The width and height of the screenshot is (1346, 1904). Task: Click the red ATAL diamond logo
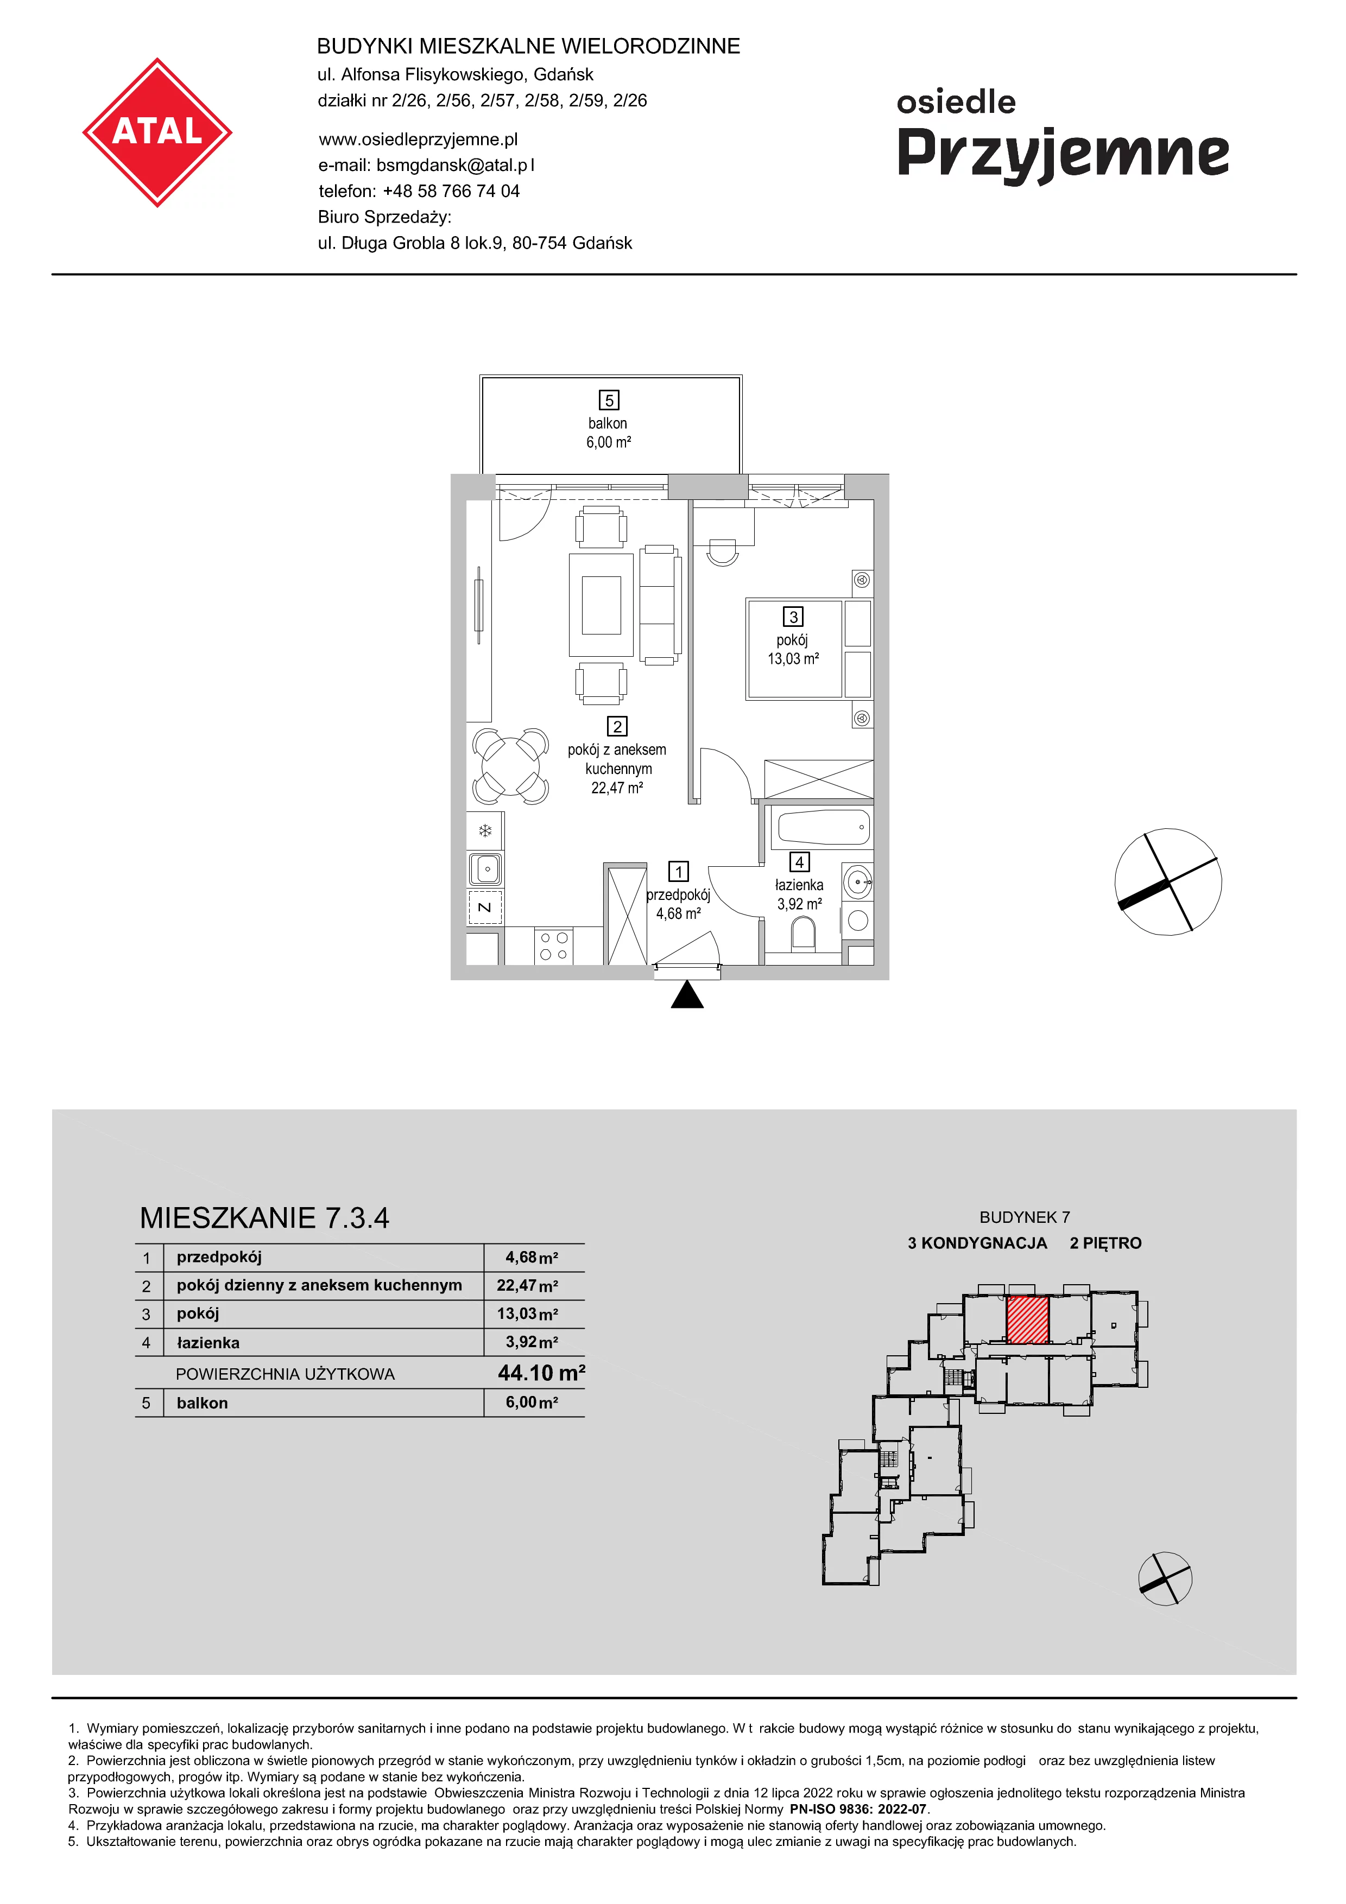157,132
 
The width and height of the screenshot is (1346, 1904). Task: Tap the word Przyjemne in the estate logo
1063,155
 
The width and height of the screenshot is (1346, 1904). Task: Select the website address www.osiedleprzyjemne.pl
418,139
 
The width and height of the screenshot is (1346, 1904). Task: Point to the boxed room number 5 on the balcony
610,401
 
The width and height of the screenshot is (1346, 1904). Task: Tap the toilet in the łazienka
804,935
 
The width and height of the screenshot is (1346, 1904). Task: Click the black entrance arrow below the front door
687,994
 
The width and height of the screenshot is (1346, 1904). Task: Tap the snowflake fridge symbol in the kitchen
485,830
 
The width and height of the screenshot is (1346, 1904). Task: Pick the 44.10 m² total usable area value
541,1373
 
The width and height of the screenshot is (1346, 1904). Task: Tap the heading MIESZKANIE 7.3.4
264,1218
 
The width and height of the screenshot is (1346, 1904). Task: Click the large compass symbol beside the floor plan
1168,881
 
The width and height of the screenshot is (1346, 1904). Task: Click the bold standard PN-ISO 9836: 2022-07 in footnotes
858,1810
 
